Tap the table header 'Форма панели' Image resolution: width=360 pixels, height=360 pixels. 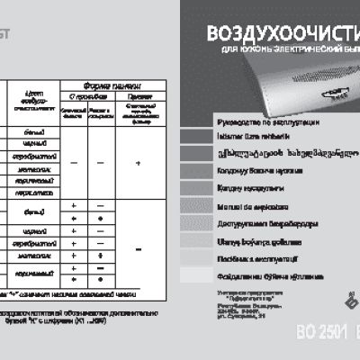[113, 84]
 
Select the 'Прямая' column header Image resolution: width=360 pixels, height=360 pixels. [137, 94]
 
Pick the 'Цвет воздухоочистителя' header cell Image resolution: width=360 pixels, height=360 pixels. [37, 103]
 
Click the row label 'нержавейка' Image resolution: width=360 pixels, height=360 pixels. [36, 191]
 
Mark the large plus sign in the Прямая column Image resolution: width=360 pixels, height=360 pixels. [137, 162]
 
